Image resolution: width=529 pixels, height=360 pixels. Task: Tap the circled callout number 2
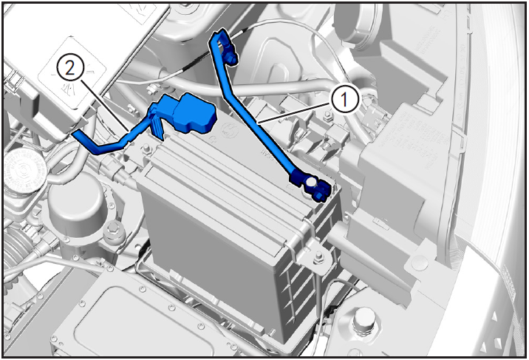(x=70, y=69)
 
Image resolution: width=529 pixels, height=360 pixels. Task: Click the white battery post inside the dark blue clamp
(x=311, y=182)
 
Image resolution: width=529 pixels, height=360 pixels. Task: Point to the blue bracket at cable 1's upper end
(x=225, y=46)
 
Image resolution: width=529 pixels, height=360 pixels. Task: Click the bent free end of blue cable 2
(x=85, y=142)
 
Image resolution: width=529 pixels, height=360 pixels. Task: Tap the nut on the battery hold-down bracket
(x=318, y=257)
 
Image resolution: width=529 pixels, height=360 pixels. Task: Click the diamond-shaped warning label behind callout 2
(x=72, y=73)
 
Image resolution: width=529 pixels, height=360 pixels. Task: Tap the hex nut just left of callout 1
(x=327, y=118)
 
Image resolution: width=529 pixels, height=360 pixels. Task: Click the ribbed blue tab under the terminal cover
(x=157, y=126)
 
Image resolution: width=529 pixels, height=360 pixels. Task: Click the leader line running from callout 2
(x=105, y=106)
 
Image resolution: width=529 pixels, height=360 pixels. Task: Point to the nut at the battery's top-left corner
(x=147, y=149)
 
